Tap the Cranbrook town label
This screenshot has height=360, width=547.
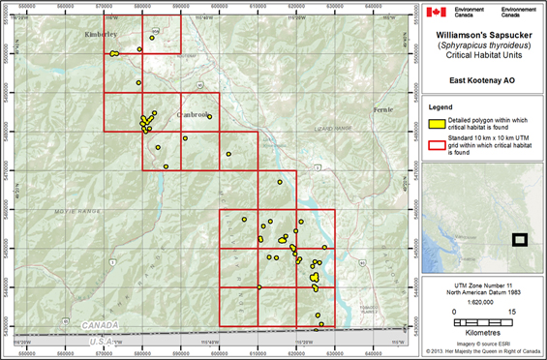pos(194,115)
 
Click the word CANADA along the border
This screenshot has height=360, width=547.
pos(101,324)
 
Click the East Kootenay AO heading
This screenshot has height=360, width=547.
pos(482,81)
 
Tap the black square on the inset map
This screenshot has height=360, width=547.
pos(521,238)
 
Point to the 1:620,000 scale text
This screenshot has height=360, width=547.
pos(482,301)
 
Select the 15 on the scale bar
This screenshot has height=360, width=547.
pos(511,311)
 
